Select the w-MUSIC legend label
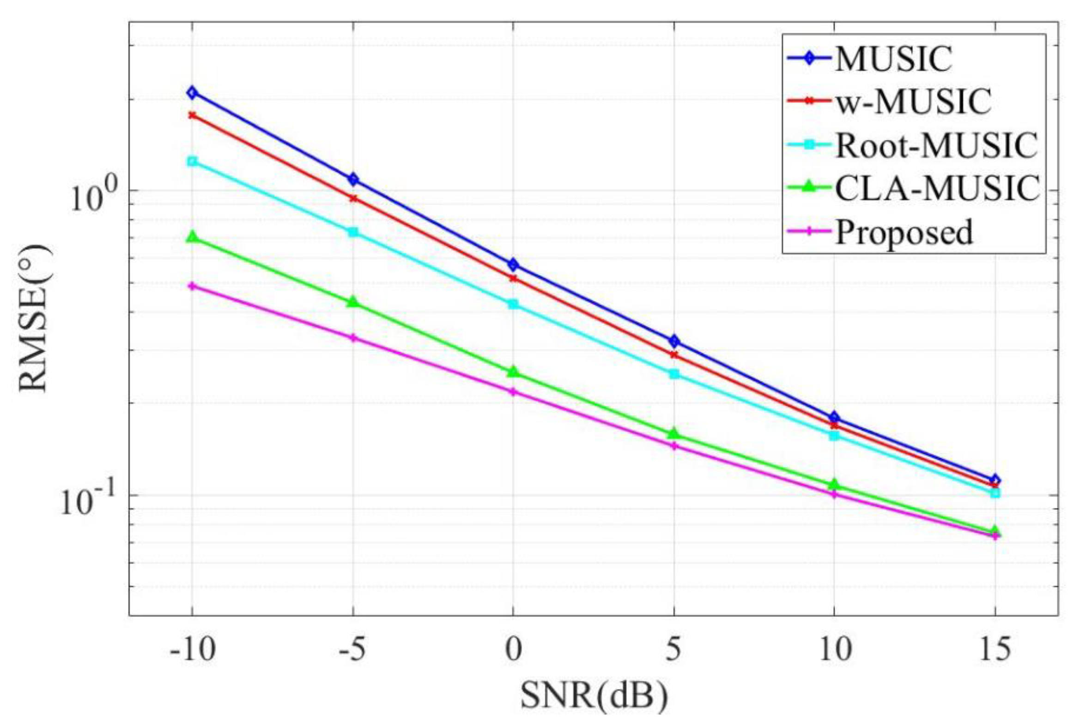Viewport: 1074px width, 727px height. [913, 102]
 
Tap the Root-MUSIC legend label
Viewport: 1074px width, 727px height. [935, 145]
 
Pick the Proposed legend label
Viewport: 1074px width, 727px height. [904, 232]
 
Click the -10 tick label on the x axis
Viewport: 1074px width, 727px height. [192, 650]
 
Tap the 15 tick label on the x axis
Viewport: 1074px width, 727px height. [995, 650]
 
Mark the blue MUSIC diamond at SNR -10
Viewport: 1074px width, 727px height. [192, 93]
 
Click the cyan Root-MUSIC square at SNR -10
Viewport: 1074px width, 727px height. [192, 161]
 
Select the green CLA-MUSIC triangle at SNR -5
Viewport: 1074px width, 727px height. [353, 302]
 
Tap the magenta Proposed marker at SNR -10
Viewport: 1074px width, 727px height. [192, 286]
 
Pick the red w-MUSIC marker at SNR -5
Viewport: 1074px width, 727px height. [353, 198]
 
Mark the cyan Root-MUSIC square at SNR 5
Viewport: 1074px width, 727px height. [674, 374]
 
